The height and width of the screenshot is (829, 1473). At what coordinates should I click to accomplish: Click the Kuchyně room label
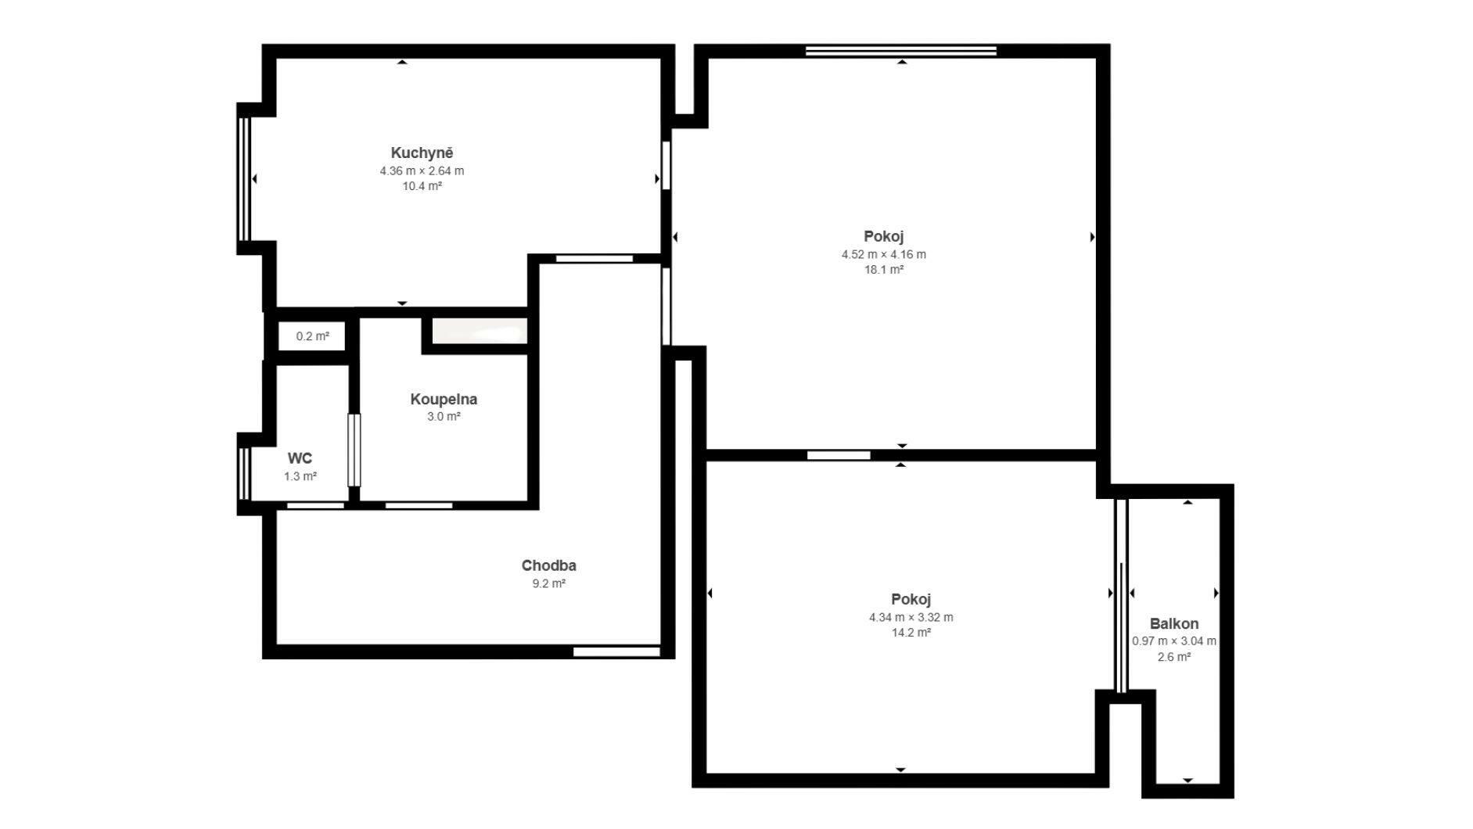click(x=422, y=153)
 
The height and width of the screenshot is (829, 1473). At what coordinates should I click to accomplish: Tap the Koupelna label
click(x=444, y=399)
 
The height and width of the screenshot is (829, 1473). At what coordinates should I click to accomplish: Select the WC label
click(x=300, y=458)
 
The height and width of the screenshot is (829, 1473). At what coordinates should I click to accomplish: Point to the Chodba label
click(x=548, y=565)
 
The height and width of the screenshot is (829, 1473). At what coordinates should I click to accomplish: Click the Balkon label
click(x=1174, y=623)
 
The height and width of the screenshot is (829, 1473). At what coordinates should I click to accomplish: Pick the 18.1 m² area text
click(x=884, y=270)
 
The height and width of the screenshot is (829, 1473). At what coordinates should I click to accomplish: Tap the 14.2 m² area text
click(x=911, y=633)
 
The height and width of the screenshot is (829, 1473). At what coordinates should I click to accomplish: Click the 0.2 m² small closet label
click(x=312, y=336)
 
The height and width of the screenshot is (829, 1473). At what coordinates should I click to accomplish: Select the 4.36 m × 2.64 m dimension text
click(x=422, y=170)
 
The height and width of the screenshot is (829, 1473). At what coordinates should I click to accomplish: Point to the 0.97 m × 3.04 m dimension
click(x=1174, y=641)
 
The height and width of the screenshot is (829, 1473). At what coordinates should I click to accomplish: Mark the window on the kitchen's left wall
click(x=243, y=179)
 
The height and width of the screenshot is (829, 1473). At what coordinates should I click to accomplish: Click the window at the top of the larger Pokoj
click(x=901, y=51)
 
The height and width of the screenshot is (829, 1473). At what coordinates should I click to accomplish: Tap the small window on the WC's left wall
click(x=243, y=473)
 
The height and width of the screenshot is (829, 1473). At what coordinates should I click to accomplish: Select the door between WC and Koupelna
click(x=354, y=450)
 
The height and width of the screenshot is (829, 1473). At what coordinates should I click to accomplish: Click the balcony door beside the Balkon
click(x=1121, y=594)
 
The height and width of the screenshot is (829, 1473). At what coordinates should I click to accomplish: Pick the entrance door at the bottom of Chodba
click(x=617, y=651)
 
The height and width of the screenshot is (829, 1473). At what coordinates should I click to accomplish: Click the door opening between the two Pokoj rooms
click(x=839, y=455)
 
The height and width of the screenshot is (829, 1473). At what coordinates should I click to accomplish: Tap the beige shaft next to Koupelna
click(x=480, y=331)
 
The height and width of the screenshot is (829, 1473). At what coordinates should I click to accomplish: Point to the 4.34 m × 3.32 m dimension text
click(x=911, y=617)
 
